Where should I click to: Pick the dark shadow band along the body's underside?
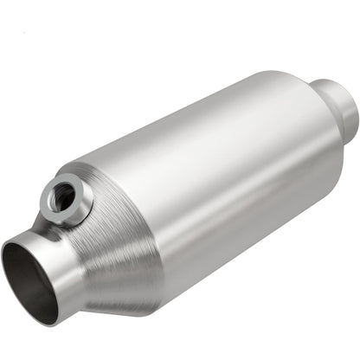(x=242, y=251)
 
